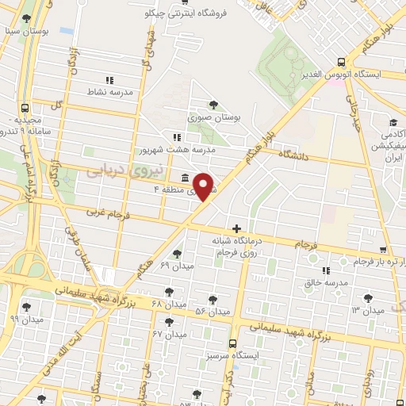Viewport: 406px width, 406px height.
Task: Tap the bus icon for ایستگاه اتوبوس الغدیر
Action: pyautogui.click(x=340, y=62)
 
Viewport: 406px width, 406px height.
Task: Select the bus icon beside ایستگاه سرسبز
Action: pyautogui.click(x=232, y=344)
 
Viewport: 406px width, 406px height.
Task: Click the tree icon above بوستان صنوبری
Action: pyautogui.click(x=213, y=105)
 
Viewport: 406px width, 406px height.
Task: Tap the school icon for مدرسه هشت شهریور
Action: pyautogui.click(x=177, y=137)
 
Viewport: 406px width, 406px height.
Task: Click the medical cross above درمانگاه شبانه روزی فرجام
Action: pyautogui.click(x=236, y=228)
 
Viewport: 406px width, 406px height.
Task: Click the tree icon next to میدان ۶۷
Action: pyautogui.click(x=169, y=322)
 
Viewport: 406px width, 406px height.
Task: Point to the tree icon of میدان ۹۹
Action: pyautogui.click(x=27, y=306)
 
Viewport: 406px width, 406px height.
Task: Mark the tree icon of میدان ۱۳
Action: pyautogui.click(x=366, y=298)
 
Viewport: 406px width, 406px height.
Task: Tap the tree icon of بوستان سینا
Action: pyautogui.click(x=27, y=17)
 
